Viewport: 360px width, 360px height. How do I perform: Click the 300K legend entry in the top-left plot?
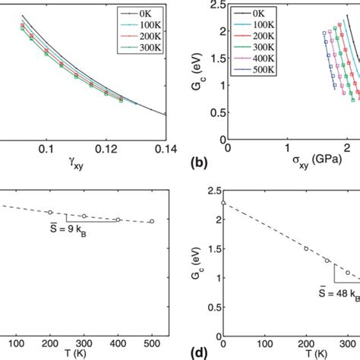[x=148, y=49]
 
